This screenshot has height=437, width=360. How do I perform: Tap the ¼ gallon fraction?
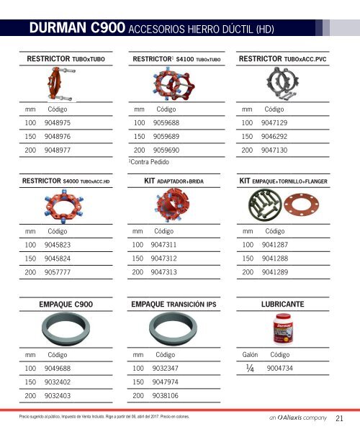pyautogui.click(x=248, y=369)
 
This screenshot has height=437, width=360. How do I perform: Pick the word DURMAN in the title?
pyautogui.click(x=60, y=28)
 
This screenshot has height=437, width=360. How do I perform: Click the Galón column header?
pyautogui.click(x=249, y=355)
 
